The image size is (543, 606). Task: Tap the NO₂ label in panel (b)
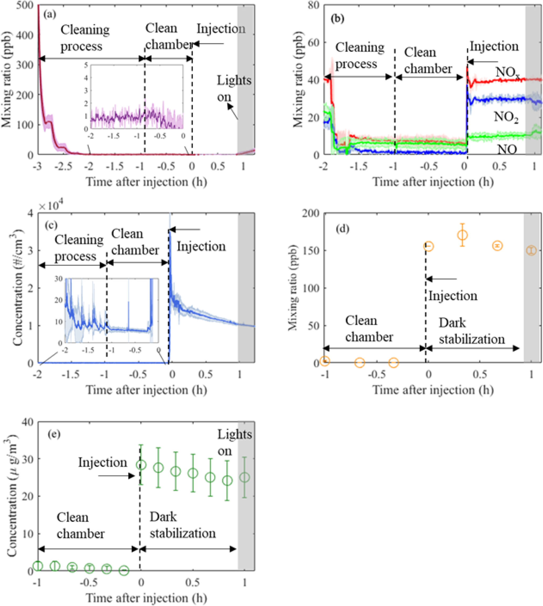pyautogui.click(x=506, y=117)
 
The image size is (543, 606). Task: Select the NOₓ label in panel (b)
pyautogui.click(x=508, y=72)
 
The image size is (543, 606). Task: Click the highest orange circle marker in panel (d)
pyautogui.click(x=462, y=235)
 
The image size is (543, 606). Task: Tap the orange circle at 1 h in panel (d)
pyautogui.click(x=531, y=250)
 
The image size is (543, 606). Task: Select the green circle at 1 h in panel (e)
pyautogui.click(x=245, y=477)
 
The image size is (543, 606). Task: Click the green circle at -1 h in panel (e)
pyautogui.click(x=38, y=566)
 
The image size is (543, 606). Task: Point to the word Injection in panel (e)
pyautogui.click(x=103, y=463)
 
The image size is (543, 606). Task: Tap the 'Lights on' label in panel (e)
pyautogui.click(x=235, y=443)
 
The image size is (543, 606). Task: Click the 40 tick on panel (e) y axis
pyautogui.click(x=27, y=422)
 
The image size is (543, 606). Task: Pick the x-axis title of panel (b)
pyautogui.click(x=433, y=182)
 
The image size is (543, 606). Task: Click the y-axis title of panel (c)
pyautogui.click(x=18, y=288)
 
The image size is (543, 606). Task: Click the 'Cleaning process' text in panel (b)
pyautogui.click(x=360, y=55)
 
